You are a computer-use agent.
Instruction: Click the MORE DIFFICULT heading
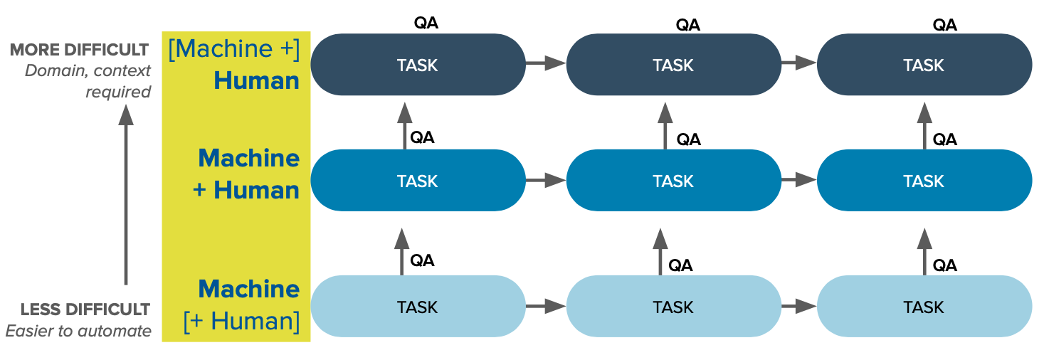coord(79,50)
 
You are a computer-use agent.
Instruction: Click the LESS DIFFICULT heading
coord(85,309)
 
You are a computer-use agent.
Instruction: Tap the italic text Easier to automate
coord(78,331)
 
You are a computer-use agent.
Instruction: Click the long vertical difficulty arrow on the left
coord(126,196)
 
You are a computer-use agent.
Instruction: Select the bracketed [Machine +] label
coord(234,49)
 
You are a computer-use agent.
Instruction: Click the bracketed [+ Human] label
coord(241,321)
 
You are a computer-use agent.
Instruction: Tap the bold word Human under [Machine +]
coord(256,80)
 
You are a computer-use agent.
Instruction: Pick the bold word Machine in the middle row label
coord(248,158)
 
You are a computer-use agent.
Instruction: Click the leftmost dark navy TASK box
coord(418,65)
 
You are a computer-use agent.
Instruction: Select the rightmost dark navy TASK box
coord(924,65)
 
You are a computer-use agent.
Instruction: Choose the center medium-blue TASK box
coord(673,181)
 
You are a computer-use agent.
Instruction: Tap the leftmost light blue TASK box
coord(418,307)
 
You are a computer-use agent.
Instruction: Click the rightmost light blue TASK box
coord(924,307)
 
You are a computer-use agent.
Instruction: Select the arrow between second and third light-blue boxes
coord(798,307)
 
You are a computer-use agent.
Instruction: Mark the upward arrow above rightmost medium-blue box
coord(924,125)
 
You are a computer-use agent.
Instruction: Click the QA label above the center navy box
coord(687,26)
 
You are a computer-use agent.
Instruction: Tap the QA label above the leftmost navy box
coord(426,23)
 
